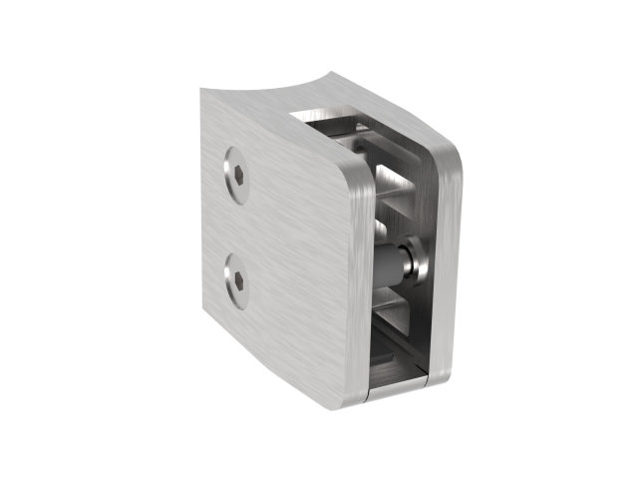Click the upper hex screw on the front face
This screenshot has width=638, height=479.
[x=236, y=176]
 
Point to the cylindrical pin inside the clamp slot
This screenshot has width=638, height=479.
[x=392, y=260]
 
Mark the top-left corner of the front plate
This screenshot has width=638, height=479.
[x=203, y=93]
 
